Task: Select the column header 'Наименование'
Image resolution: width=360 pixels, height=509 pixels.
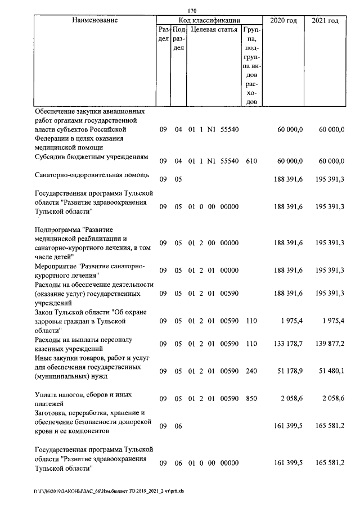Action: [94, 20]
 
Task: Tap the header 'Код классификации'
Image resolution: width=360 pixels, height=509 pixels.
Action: [209, 20]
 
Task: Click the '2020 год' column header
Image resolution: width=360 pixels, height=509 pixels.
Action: [283, 21]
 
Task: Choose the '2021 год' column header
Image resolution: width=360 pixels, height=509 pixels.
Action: [325, 21]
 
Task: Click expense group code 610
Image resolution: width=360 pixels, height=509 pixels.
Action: [251, 161]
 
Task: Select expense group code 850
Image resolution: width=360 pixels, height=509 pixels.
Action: [251, 399]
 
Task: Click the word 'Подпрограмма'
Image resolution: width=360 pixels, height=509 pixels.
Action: [57, 230]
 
